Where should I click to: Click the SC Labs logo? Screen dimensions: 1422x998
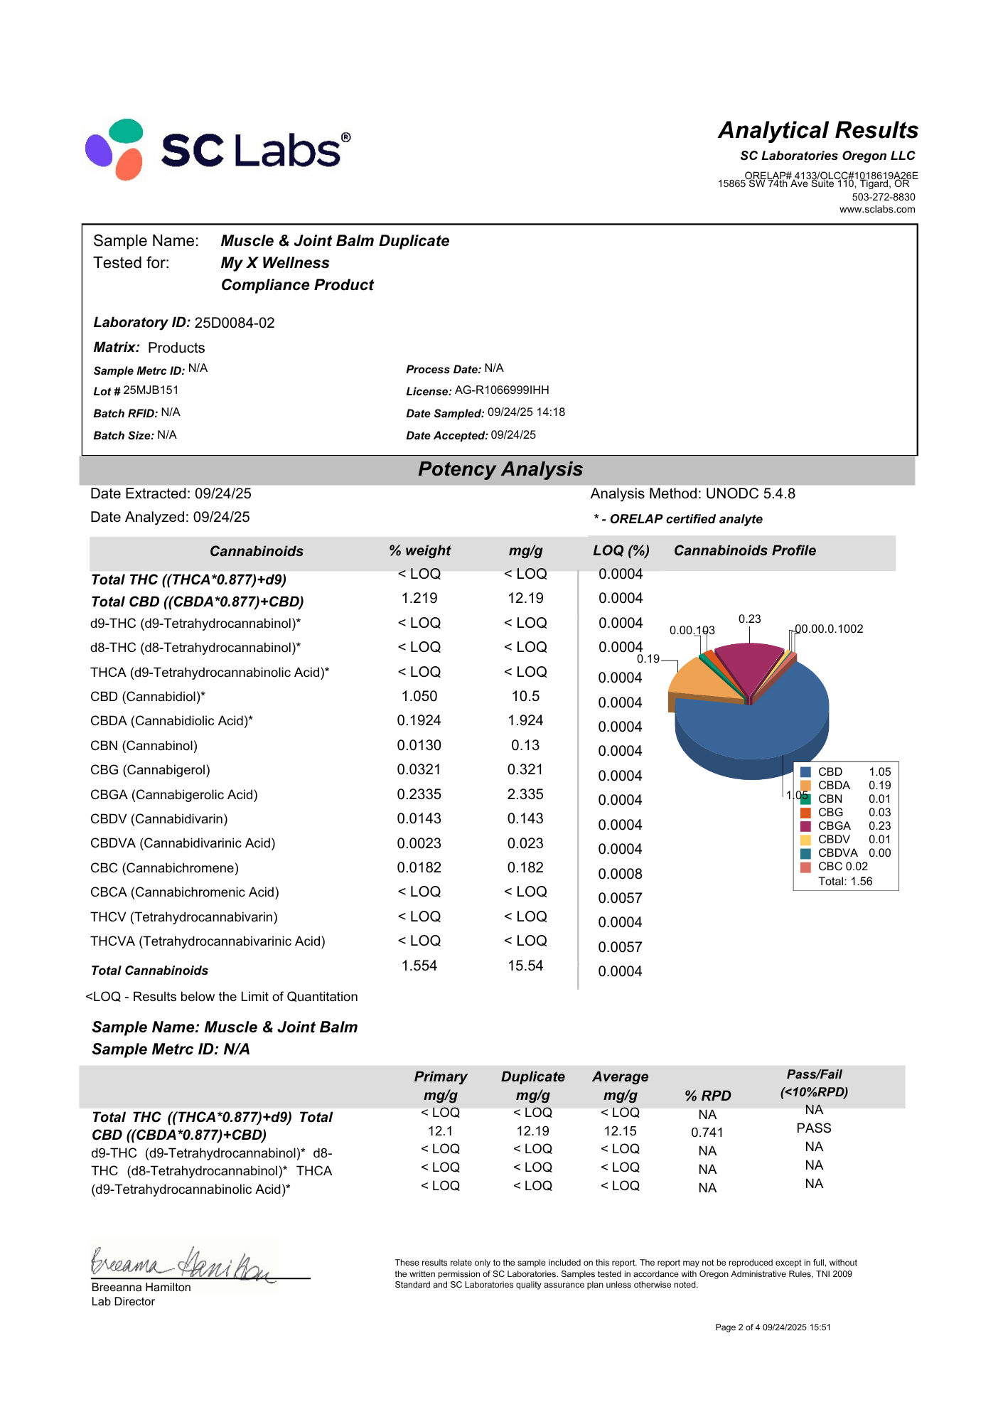(x=217, y=149)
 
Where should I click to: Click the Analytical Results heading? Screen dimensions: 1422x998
(x=817, y=130)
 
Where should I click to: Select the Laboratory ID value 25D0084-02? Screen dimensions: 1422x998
(x=234, y=323)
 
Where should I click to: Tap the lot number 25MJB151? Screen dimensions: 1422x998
(x=151, y=390)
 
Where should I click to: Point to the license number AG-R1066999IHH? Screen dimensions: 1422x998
(x=502, y=390)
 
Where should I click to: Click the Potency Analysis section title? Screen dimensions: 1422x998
(x=500, y=469)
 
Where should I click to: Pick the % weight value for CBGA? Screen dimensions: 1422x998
(x=419, y=794)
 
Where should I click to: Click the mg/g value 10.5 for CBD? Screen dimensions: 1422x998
(x=525, y=696)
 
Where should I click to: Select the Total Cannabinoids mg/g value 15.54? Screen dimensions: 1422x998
(x=525, y=966)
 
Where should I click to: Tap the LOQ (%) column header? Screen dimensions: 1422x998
(x=621, y=551)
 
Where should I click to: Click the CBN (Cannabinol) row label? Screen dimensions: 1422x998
(x=144, y=746)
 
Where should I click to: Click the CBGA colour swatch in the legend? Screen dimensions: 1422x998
(x=805, y=826)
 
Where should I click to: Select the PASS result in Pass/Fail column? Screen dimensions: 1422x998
(x=814, y=1128)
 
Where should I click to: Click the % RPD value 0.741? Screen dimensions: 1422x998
(x=707, y=1133)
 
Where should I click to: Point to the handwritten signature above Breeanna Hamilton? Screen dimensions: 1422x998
(x=181, y=1263)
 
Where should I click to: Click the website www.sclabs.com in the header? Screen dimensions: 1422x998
(x=877, y=210)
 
